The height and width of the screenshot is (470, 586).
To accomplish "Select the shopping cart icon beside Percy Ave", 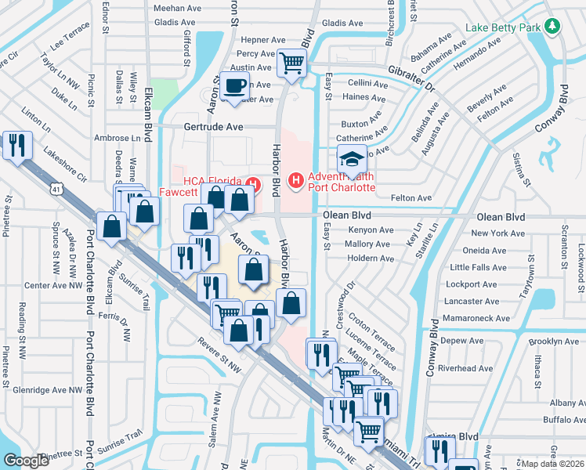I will (292, 62).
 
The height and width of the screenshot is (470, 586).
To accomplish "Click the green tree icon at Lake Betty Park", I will (553, 27).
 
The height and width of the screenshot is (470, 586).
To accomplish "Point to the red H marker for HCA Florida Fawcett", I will (252, 184).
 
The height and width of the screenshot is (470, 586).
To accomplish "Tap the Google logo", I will (26, 461).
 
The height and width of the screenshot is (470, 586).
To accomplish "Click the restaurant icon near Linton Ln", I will (16, 144).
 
